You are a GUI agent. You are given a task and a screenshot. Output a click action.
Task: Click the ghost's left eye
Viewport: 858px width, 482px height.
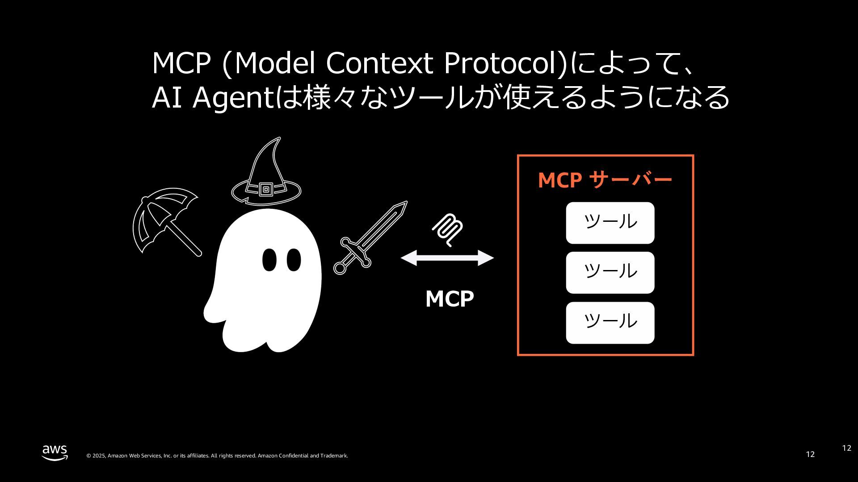pyautogui.click(x=269, y=260)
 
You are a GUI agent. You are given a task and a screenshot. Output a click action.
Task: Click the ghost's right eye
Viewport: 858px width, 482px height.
pyautogui.click(x=294, y=260)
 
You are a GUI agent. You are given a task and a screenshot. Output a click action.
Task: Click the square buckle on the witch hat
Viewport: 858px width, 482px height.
pyautogui.click(x=266, y=190)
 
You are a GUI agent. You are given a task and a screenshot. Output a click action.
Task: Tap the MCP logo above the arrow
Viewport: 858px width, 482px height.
pyautogui.click(x=447, y=229)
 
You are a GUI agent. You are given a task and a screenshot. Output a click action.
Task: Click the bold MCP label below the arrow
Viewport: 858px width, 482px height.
pyautogui.click(x=450, y=299)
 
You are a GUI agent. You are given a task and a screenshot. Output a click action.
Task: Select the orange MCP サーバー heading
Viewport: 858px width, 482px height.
pyautogui.click(x=605, y=180)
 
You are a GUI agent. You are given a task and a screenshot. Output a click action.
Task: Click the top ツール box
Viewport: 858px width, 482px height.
pyautogui.click(x=610, y=223)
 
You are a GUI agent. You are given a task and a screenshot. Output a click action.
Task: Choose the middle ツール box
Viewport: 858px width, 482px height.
pyautogui.click(x=610, y=273)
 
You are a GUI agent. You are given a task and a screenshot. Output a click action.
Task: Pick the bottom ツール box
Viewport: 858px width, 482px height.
pyautogui.click(x=610, y=323)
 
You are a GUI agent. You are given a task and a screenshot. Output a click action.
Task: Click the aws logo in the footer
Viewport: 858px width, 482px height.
pyautogui.click(x=55, y=452)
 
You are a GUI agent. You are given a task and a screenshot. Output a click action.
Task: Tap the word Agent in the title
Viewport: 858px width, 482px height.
pyautogui.click(x=232, y=97)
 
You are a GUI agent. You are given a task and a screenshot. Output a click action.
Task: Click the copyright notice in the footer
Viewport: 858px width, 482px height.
pyautogui.click(x=217, y=456)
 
